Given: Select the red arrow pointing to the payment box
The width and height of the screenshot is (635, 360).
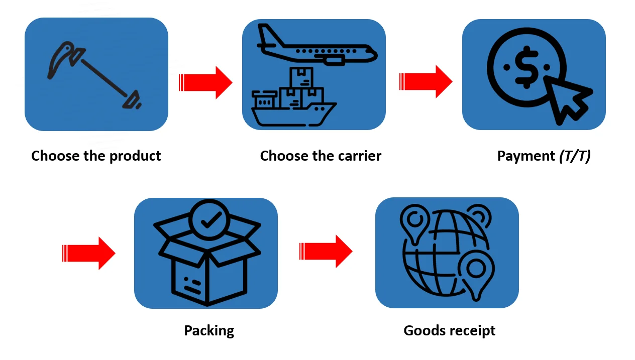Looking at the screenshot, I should (426, 81).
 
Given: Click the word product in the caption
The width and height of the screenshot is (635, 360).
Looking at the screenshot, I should (135, 156).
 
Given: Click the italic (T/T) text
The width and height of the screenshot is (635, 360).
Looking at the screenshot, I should (575, 156).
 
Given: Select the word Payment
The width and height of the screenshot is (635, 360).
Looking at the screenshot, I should (525, 156).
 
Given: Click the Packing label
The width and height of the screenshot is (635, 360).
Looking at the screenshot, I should (209, 331).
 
